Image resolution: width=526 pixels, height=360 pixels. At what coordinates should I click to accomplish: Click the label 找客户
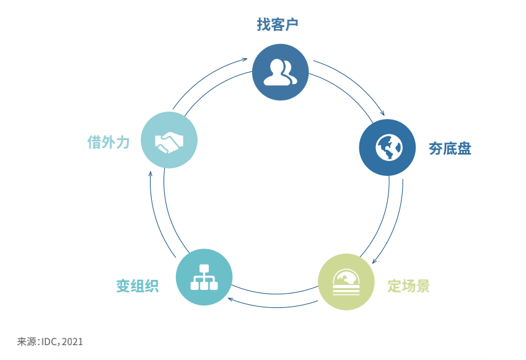pyautogui.click(x=278, y=25)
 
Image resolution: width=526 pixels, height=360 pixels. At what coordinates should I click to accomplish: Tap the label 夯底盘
pyautogui.click(x=450, y=149)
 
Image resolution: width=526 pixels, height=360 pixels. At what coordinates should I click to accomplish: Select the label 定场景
pyautogui.click(x=408, y=286)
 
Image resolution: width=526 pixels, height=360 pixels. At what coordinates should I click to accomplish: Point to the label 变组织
pyautogui.click(x=138, y=286)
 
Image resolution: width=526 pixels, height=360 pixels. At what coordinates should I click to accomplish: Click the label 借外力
pyautogui.click(x=108, y=143)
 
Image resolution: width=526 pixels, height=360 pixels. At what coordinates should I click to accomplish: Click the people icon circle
pyautogui.click(x=281, y=72)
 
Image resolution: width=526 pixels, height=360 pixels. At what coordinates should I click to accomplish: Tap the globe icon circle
pyautogui.click(x=387, y=147)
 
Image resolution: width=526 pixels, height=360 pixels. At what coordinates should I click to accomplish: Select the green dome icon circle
pyautogui.click(x=346, y=282)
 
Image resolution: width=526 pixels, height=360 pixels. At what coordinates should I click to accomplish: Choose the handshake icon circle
pyautogui.click(x=169, y=141)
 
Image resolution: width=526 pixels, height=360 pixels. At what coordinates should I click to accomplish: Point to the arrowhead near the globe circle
pyautogui.click(x=382, y=113)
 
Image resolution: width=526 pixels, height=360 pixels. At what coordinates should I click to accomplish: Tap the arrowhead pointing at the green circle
pyautogui.click(x=374, y=261)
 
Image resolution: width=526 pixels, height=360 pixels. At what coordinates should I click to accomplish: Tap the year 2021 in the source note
pyautogui.click(x=72, y=341)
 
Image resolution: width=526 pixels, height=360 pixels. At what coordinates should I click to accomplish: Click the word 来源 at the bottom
pyautogui.click(x=27, y=341)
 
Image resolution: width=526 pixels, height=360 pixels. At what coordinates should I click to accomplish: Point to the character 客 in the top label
pyautogui.click(x=278, y=25)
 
